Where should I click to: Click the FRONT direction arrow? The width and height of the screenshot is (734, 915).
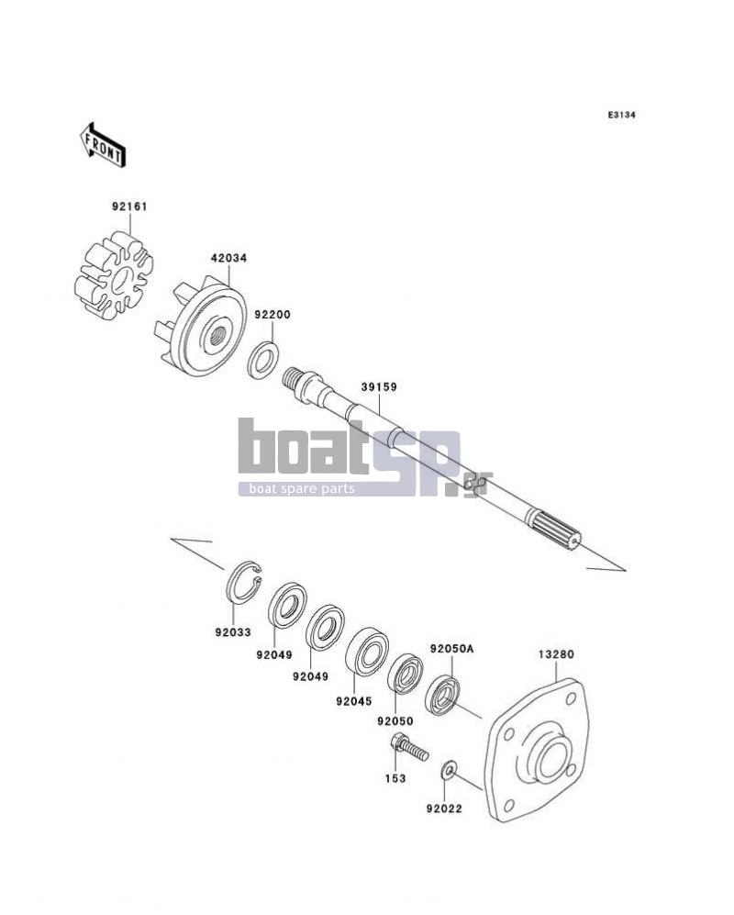coord(103,146)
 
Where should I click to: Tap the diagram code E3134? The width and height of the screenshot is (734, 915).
coord(621,115)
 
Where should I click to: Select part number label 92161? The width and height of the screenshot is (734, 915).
coord(129,206)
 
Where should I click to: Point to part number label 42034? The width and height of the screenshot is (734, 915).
coord(228,257)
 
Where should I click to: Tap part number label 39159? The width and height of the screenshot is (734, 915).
coord(379,386)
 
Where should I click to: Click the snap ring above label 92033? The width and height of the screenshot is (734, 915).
coord(244,583)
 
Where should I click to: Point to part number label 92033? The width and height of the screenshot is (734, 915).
coord(233,632)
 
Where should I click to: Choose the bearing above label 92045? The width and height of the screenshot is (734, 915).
coord(367,652)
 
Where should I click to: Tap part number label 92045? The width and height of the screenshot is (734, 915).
coord(353,701)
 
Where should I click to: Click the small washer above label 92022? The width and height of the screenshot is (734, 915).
coord(448,770)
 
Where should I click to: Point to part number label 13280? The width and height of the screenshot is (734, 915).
coord(556,654)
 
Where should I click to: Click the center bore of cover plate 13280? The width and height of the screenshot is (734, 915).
coord(550,761)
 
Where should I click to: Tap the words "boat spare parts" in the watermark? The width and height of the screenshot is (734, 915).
coord(302,488)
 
